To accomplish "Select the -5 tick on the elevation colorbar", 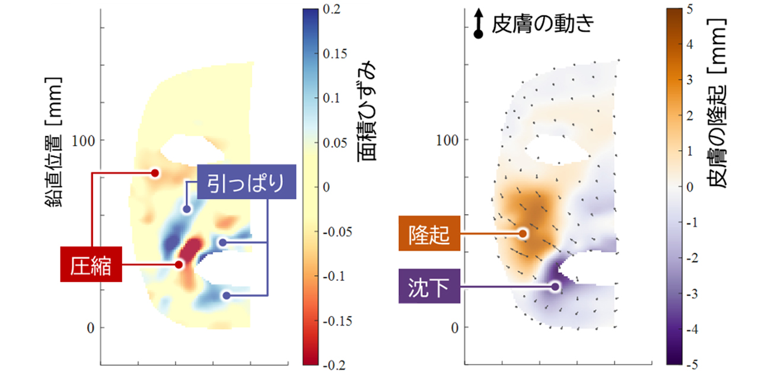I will [692, 364].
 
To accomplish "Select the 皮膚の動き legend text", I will [542, 26].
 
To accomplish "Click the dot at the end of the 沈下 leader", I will [555, 286].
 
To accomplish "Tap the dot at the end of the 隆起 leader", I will [523, 233].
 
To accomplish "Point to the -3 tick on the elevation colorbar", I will [692, 293].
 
